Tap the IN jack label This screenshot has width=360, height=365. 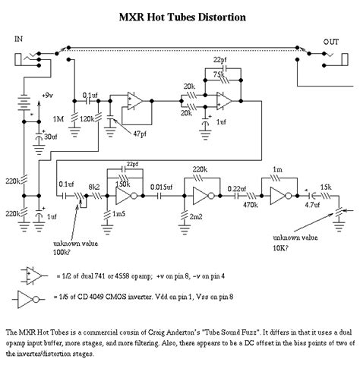(x=20, y=38)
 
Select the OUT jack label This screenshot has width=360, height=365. (x=330, y=42)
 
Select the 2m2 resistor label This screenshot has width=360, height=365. (x=197, y=218)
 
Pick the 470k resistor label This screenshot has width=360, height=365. (x=248, y=203)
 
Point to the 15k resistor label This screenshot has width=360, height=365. (x=326, y=186)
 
